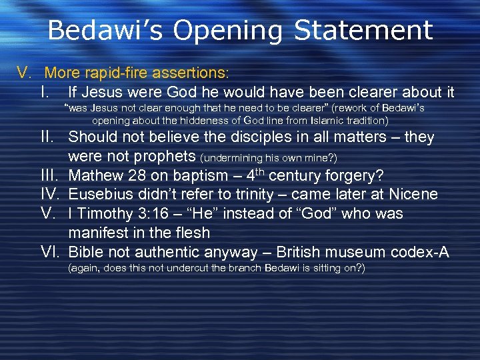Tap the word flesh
click(x=191, y=233)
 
